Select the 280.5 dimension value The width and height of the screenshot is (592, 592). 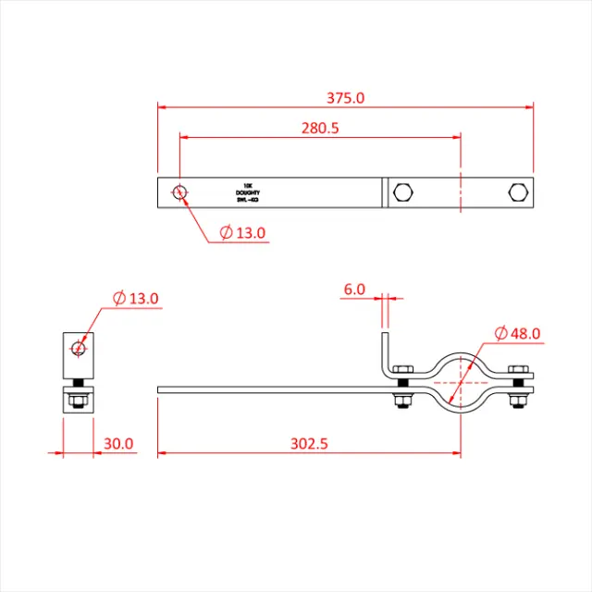tap(320, 129)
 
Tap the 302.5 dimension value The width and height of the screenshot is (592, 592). tap(309, 444)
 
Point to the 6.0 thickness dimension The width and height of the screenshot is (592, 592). tap(354, 290)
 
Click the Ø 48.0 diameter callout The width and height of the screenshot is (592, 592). tap(517, 333)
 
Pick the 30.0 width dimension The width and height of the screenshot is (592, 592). tap(118, 444)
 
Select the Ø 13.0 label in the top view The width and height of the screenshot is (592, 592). tap(243, 233)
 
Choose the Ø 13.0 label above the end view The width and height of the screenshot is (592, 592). tap(135, 298)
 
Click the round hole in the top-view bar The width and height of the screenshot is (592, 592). tap(180, 192)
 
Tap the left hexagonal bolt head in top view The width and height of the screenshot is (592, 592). tap(403, 192)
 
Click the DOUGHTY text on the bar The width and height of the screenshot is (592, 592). tap(248, 192)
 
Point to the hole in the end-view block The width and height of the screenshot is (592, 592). tap(79, 348)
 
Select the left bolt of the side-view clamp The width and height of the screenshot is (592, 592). tap(403, 387)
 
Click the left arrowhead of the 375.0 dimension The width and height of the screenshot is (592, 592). tap(161, 107)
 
